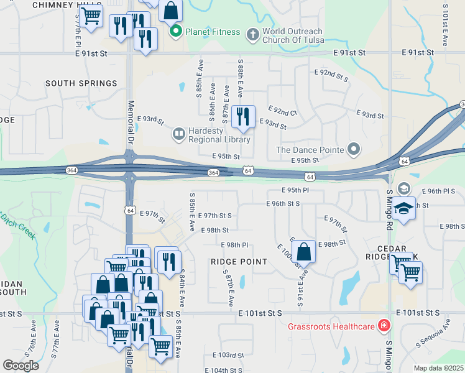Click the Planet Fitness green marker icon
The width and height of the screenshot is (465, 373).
pyautogui.click(x=176, y=32)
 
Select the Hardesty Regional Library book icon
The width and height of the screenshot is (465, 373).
pyautogui.click(x=178, y=133)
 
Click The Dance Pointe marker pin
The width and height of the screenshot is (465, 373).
pyautogui.click(x=354, y=149)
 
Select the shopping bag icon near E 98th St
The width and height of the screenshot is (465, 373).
pyautogui.click(x=304, y=252)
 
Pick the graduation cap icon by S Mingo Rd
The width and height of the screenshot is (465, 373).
pyautogui.click(x=403, y=208)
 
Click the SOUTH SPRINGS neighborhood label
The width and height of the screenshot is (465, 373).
pyautogui.click(x=81, y=83)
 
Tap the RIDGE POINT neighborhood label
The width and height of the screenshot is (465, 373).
pyautogui.click(x=239, y=262)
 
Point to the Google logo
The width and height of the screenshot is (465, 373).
pyautogui.click(x=21, y=366)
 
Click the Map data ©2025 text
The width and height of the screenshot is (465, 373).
pyautogui.click(x=438, y=368)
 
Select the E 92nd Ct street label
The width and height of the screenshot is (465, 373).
pyautogui.click(x=283, y=113)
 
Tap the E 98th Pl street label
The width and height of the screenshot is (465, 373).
pyautogui.click(x=234, y=245)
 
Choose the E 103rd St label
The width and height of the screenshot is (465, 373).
pyautogui.click(x=228, y=355)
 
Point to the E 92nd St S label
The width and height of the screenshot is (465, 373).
pyautogui.click(x=333, y=76)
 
